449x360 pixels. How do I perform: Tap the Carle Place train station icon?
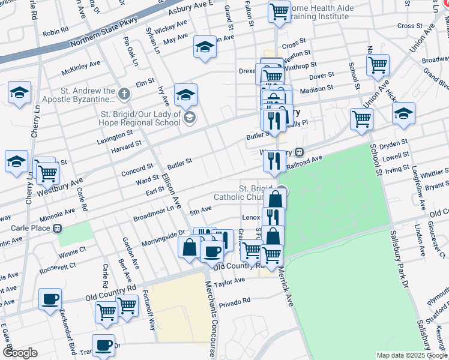[58, 229]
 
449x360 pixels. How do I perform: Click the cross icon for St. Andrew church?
[124, 94]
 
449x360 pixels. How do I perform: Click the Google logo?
[20, 353]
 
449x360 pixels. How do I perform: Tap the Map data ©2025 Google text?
[411, 355]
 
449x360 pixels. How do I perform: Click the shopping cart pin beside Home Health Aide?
[279, 11]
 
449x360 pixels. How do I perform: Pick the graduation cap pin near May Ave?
[205, 47]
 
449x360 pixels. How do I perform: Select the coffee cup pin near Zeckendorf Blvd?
[50, 299]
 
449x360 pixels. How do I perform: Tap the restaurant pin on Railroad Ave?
[274, 161]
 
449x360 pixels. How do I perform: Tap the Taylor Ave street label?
[231, 281]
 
